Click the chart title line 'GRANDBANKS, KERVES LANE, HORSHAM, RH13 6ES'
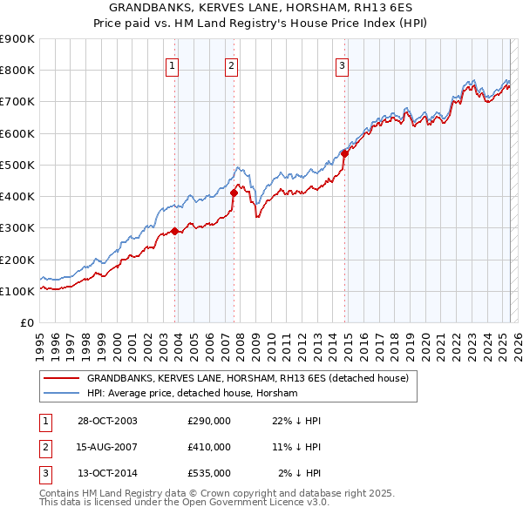[262, 7]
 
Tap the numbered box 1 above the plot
[172, 64]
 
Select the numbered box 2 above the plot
[231, 64]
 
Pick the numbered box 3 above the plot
[342, 64]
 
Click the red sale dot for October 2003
[175, 231]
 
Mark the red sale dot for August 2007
[234, 193]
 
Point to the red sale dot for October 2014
[345, 153]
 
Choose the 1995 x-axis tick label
[40, 345]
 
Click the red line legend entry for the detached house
[253, 378]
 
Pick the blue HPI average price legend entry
[192, 394]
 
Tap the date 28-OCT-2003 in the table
[107, 421]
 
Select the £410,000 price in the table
[209, 447]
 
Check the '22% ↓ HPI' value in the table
[297, 421]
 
